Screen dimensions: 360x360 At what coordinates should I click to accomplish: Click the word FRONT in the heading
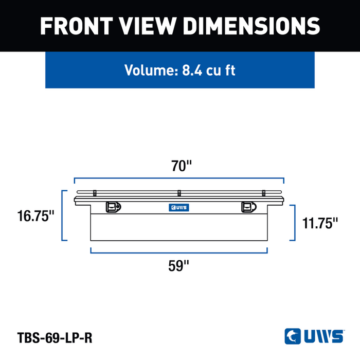point(77,26)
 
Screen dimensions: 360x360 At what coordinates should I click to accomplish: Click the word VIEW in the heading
point(148,26)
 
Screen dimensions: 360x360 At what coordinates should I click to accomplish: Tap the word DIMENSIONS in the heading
point(251,26)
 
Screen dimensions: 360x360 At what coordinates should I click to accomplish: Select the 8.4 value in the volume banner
point(192,70)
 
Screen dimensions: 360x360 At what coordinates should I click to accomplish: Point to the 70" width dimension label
point(182,166)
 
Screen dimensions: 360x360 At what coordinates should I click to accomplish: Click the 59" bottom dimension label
point(178,266)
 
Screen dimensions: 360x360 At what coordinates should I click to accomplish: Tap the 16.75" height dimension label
point(36,216)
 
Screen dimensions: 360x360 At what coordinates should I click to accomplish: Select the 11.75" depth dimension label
point(320,223)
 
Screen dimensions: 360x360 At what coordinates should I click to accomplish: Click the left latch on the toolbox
point(113,207)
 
